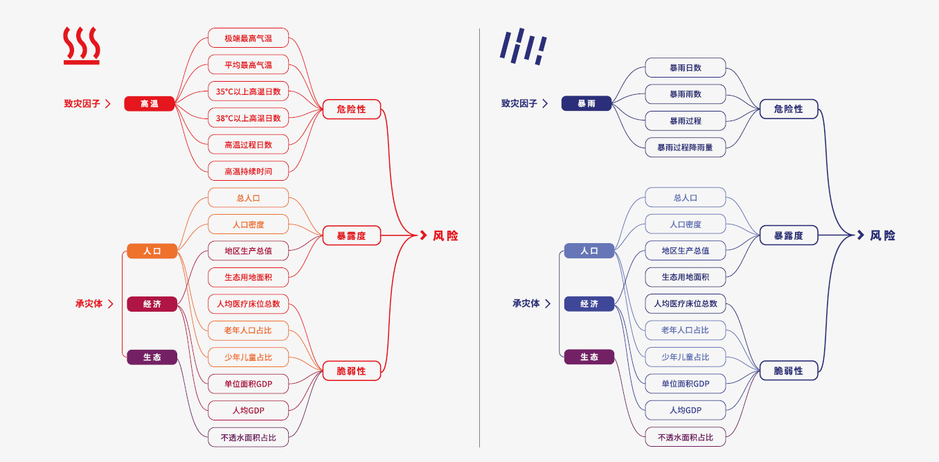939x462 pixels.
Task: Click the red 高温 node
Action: [x=150, y=104]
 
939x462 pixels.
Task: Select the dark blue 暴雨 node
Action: [x=587, y=104]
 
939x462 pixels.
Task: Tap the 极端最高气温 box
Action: [x=248, y=38]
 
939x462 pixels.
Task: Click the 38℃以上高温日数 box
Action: [x=248, y=118]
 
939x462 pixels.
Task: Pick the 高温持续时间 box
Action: [x=248, y=171]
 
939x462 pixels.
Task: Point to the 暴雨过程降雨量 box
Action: [x=685, y=148]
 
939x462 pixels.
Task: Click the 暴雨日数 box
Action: [x=685, y=68]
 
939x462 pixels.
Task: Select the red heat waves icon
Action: [x=82, y=46]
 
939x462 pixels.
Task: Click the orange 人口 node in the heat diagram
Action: [x=152, y=251]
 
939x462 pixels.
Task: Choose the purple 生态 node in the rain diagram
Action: [x=589, y=357]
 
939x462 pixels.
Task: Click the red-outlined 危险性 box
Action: [x=351, y=109]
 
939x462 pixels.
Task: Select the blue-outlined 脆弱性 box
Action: [x=788, y=371]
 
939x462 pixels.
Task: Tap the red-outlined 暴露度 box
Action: [x=351, y=236]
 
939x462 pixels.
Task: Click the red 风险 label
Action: [x=445, y=236]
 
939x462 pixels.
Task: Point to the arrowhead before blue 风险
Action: [x=860, y=236]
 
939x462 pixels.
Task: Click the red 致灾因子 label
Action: [x=82, y=104]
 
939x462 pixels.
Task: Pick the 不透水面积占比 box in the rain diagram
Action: [x=685, y=437]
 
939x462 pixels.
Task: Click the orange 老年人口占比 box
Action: [x=248, y=330]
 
